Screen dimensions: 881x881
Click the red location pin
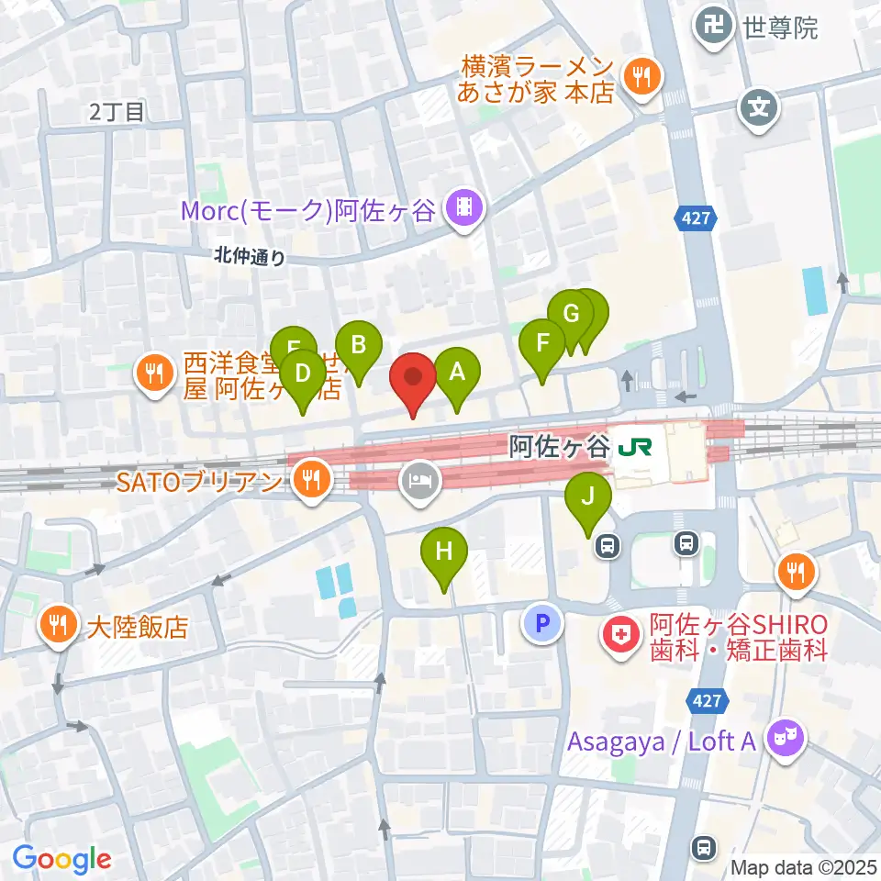point(413,378)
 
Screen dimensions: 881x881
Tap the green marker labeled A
point(456,373)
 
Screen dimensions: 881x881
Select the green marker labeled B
point(359,346)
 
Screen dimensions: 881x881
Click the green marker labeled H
point(444,552)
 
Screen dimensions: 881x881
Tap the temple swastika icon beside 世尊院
point(715,28)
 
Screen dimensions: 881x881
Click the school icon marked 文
point(759,109)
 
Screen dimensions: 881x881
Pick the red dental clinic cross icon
point(621,634)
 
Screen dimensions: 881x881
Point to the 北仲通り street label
point(250,258)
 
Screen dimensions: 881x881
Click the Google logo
point(62,859)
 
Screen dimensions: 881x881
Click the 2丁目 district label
point(117,112)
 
